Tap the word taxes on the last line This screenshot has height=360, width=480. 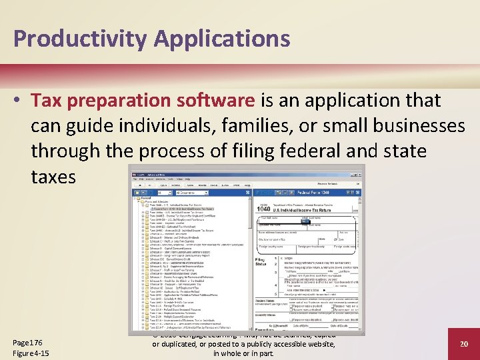point(53,176)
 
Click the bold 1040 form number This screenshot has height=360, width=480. point(263,209)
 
